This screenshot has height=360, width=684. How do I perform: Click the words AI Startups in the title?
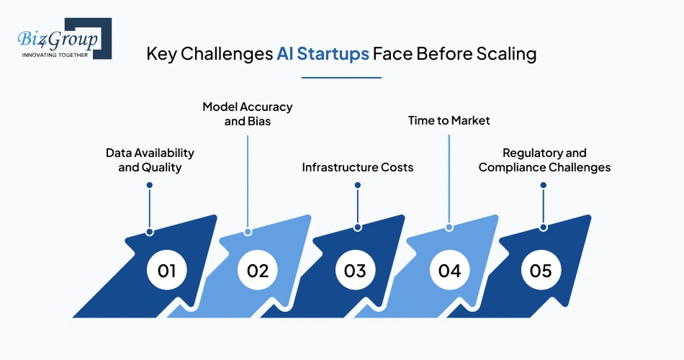coord(323,55)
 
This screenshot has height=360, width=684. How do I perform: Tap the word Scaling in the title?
coord(507,55)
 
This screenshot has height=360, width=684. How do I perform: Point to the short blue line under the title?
coord(341,76)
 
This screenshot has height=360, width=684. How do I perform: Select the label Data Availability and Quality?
coord(150,160)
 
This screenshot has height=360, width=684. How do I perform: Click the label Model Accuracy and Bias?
coord(248,114)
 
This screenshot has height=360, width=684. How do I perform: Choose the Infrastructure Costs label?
coord(357,167)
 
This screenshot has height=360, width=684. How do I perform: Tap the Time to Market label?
coord(449,120)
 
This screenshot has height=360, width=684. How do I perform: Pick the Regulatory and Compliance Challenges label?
coord(544,160)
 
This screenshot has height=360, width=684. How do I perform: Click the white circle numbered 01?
coord(167,271)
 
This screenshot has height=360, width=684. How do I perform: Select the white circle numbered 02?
coord(258,271)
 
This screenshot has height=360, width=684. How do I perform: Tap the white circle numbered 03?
coord(355,271)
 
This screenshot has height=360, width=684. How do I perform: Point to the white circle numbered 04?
coord(449,271)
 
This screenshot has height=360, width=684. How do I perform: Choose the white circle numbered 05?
coord(541,271)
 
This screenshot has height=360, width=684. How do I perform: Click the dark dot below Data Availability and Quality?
coord(150,185)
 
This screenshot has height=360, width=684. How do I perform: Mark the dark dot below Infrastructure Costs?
coord(358,185)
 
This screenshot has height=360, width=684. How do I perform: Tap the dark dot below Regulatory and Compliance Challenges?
coord(544,185)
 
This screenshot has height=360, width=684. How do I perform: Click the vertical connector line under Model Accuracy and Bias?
coord(248,180)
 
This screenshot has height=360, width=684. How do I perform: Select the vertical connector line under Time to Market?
coord(449,176)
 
